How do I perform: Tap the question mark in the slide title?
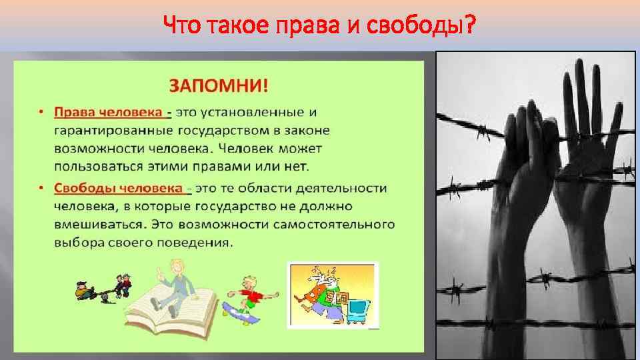(471, 26)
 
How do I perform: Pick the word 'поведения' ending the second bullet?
(200, 242)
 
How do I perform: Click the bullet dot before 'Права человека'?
(41, 112)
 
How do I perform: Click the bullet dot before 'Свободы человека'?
(41, 189)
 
